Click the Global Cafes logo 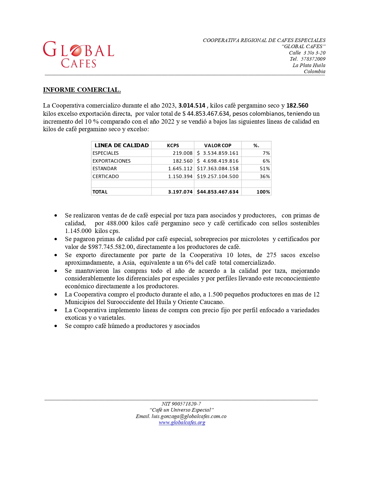point(79,55)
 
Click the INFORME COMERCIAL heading point(82,90)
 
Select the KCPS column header point(173,145)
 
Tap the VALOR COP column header point(218,145)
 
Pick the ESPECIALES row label point(106,153)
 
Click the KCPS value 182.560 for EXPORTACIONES point(183,161)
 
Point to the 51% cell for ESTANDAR point(265,169)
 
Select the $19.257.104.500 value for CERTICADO point(218,177)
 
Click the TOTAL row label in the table point(100,192)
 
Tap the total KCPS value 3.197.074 point(180,192)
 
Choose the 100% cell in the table point(263,192)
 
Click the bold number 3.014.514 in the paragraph point(192,106)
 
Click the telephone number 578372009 point(313,59)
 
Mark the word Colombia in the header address point(315,71)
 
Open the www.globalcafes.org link point(182,422)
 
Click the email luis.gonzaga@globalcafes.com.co point(189,416)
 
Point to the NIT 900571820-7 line point(181,404)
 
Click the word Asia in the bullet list point(129,263)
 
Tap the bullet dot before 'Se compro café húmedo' point(56,326)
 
